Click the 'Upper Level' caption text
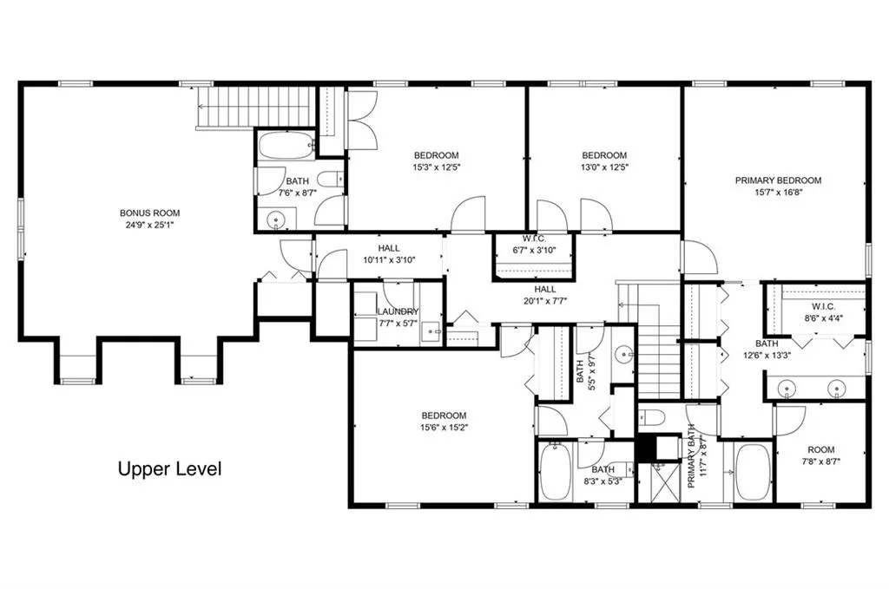[169, 469]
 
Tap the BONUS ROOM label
[149, 213]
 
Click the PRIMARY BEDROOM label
[778, 180]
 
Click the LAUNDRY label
[398, 311]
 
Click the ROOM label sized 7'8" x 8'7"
[820, 449]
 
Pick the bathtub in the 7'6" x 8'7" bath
[286, 147]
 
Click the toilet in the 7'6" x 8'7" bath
[329, 180]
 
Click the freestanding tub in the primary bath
[753, 473]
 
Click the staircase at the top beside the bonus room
[255, 107]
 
